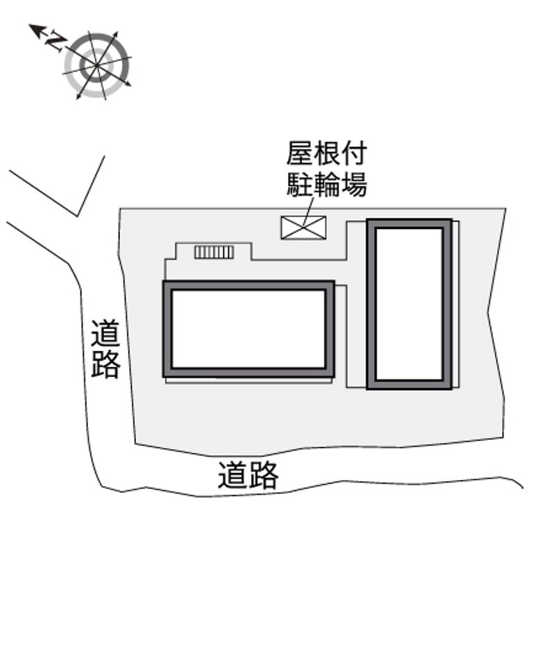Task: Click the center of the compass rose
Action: click(x=97, y=65)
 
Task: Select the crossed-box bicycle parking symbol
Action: click(x=304, y=228)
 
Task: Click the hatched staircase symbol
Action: click(x=214, y=252)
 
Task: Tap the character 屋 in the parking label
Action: click(x=299, y=153)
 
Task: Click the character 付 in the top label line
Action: click(x=353, y=153)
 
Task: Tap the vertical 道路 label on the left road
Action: click(x=105, y=349)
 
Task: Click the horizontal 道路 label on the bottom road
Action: click(x=248, y=474)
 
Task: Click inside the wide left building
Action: click(x=249, y=329)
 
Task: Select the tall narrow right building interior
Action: click(x=409, y=304)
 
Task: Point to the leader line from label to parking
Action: click(x=309, y=212)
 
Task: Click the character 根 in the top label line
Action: click(x=326, y=153)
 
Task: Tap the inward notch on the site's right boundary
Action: click(x=488, y=311)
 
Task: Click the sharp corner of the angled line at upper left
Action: click(x=77, y=216)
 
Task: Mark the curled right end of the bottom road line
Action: click(x=522, y=487)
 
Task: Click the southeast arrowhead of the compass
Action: click(x=130, y=85)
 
